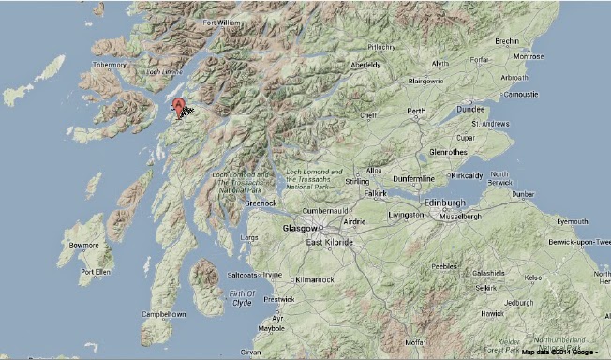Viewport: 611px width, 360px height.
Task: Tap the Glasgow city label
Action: tap(300, 228)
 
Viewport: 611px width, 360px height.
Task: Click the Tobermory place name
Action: tap(109, 65)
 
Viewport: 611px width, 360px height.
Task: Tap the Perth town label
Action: tap(415, 112)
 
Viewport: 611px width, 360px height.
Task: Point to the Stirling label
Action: tap(355, 181)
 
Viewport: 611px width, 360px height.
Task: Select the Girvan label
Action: tap(250, 352)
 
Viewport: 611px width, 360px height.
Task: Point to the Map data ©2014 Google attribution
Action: tap(559, 352)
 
